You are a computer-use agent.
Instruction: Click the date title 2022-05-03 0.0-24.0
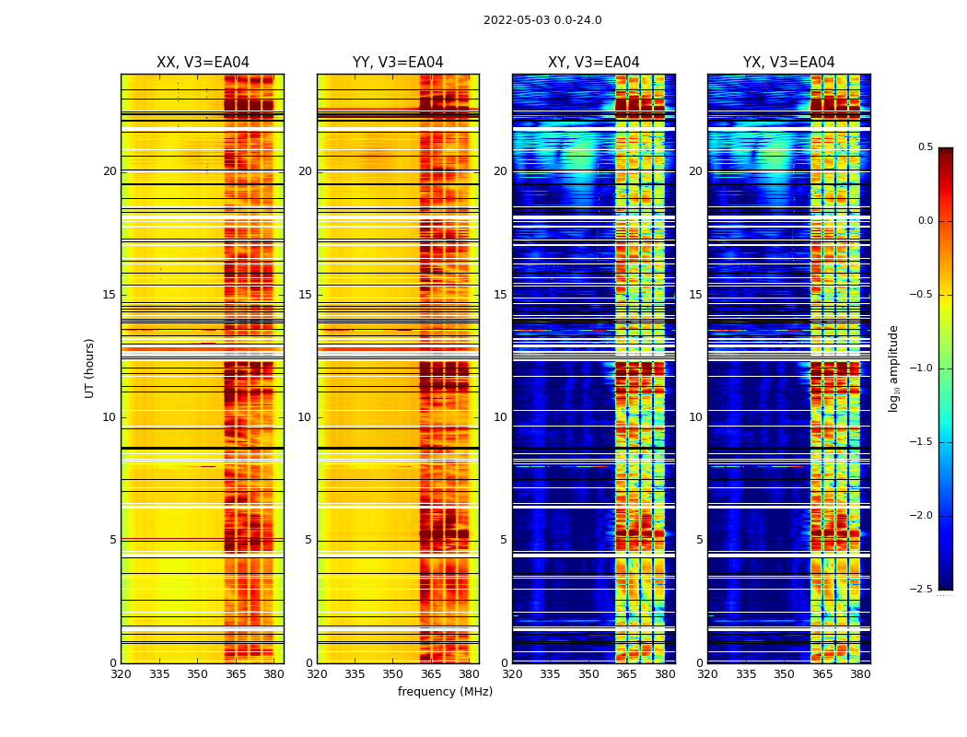542,20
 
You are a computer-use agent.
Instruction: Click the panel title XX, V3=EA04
203,63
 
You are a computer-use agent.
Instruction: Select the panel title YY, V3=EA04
398,63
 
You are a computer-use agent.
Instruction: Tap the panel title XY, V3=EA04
593,63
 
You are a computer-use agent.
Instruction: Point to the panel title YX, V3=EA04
788,63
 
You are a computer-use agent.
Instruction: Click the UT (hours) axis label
90,368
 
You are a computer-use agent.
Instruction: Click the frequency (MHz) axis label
445,692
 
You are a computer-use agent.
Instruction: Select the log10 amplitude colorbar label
893,368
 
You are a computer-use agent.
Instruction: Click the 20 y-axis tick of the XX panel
110,171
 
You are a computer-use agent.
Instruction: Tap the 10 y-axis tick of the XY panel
500,417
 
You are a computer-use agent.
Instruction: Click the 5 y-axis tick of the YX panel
699,540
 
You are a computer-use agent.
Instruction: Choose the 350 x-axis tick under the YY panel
393,673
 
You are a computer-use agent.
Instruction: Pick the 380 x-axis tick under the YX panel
860,673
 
